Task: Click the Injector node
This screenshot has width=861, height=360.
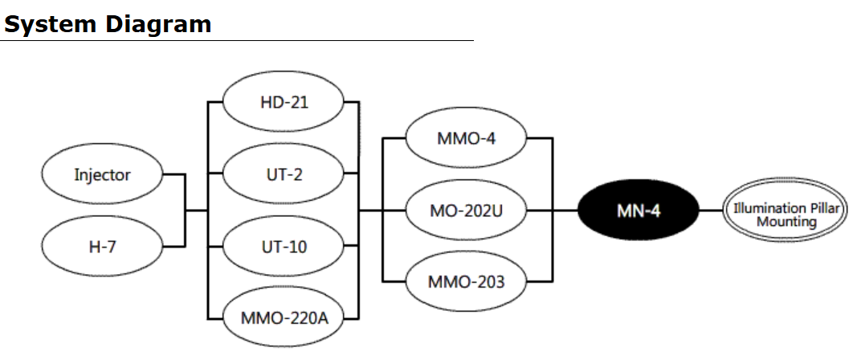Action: click(x=102, y=174)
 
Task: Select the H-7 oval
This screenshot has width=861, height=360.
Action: click(x=102, y=246)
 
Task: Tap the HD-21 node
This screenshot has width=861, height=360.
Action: click(x=284, y=103)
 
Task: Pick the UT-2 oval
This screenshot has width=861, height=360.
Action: click(x=284, y=174)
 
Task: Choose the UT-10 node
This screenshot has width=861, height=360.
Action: click(x=284, y=246)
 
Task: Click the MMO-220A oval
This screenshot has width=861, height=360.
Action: click(x=284, y=317)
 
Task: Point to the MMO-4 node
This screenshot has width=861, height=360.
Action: click(x=466, y=138)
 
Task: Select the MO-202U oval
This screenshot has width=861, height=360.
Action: click(x=466, y=211)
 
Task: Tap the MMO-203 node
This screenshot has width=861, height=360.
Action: click(x=466, y=281)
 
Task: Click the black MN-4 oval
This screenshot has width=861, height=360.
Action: click(x=639, y=211)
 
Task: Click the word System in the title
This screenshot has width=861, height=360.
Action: click(x=51, y=24)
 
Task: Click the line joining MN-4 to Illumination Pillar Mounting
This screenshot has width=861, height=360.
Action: click(x=710, y=211)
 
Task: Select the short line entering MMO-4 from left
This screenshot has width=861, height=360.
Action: click(x=394, y=138)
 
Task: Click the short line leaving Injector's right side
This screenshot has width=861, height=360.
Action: click(x=174, y=174)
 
